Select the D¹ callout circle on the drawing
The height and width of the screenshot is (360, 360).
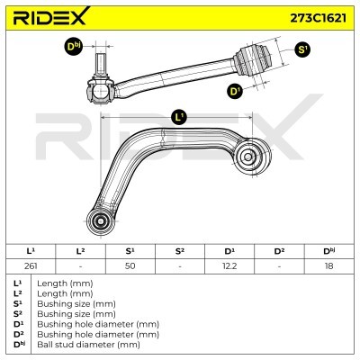click(x=235, y=91)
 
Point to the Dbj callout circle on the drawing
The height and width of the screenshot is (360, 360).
click(x=73, y=47)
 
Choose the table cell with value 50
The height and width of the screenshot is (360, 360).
click(x=130, y=265)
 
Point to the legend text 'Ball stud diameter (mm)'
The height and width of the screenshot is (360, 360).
click(x=88, y=344)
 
